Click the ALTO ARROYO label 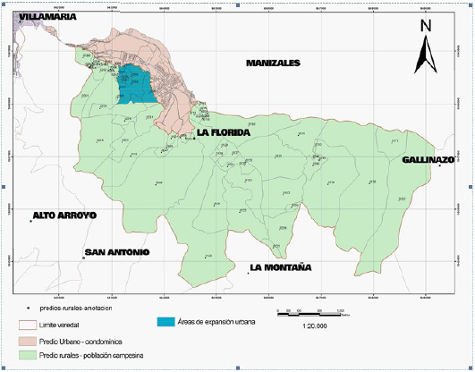tap(64, 216)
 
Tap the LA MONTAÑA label tap(280, 266)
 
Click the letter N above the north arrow tap(426, 27)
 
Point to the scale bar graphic tap(309, 312)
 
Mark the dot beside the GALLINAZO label tap(439, 166)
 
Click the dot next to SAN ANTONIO tap(83, 258)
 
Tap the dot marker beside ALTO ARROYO tap(31, 222)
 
